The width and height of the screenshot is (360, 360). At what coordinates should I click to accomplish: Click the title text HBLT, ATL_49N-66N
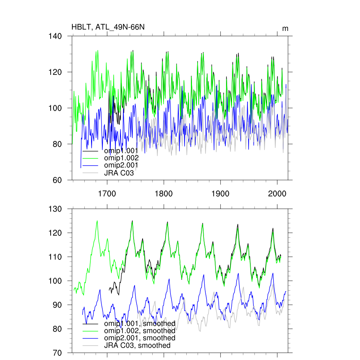click(x=108, y=27)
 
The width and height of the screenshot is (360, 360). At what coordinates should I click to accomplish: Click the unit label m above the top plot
click(x=285, y=28)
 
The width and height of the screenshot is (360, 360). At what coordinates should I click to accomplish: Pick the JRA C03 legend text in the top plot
click(x=119, y=173)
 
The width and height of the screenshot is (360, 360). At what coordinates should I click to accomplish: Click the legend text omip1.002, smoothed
click(x=140, y=331)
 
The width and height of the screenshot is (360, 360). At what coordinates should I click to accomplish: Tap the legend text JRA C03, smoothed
click(x=137, y=345)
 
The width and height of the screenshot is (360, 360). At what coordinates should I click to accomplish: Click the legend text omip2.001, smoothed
click(x=140, y=338)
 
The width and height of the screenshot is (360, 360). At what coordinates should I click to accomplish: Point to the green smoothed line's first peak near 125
click(x=97, y=221)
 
